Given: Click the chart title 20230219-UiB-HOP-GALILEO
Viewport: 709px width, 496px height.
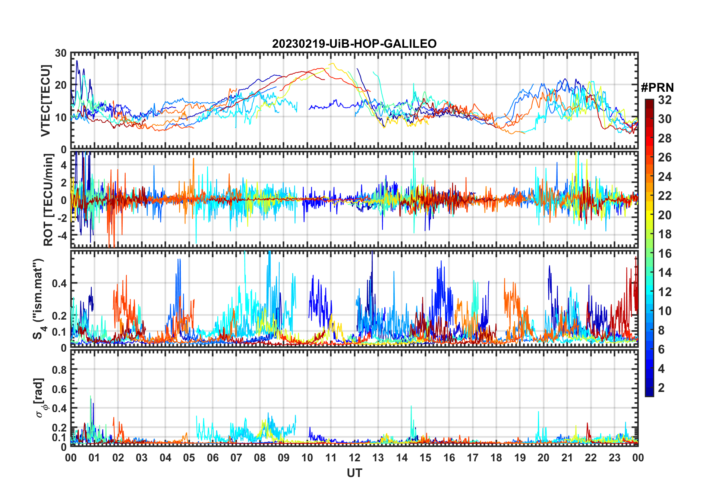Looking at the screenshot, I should pyautogui.click(x=354, y=44).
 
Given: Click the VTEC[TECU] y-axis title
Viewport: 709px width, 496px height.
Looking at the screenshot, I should pyautogui.click(x=45, y=101).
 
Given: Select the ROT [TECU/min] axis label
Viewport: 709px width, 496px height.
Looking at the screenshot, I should pyautogui.click(x=48, y=200).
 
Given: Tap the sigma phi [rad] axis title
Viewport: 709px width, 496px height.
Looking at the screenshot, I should pyautogui.click(x=40, y=398).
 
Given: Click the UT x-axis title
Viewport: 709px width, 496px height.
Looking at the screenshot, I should pyautogui.click(x=354, y=473).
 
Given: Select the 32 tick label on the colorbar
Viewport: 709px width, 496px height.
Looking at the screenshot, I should pyautogui.click(x=665, y=100).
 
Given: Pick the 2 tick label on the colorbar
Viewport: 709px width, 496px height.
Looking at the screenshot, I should pyautogui.click(x=661, y=388).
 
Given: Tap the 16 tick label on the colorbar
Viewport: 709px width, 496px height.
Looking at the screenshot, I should pyautogui.click(x=665, y=254).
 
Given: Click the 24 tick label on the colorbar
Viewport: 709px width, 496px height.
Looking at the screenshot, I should pyautogui.click(x=665, y=177).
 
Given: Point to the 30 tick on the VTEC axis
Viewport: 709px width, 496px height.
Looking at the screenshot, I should pyautogui.click(x=61, y=53).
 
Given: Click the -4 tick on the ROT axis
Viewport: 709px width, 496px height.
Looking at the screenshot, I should pyautogui.click(x=62, y=235).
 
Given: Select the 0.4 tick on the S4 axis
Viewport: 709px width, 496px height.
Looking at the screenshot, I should pyautogui.click(x=59, y=283).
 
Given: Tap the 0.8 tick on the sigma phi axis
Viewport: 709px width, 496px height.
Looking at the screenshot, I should pyautogui.click(x=59, y=370).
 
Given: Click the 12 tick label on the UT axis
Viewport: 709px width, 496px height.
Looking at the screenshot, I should pyautogui.click(x=354, y=458).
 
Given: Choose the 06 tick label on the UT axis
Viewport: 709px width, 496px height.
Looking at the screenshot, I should pyautogui.click(x=213, y=458).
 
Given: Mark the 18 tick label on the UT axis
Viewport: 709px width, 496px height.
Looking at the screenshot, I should pyautogui.click(x=496, y=458).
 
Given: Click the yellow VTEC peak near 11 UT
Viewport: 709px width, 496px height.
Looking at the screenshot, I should pyautogui.click(x=333, y=64).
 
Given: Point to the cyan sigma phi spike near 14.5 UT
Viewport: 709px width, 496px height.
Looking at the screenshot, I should pyautogui.click(x=411, y=406).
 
